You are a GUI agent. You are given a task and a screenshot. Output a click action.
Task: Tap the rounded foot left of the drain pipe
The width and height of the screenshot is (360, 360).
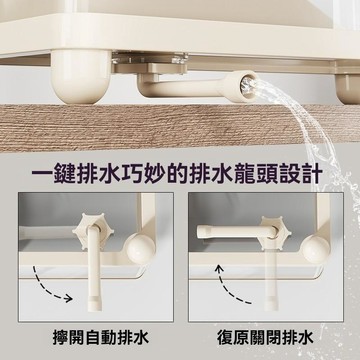[x=81, y=77]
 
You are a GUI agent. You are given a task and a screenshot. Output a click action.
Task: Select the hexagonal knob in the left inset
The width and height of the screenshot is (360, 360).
[x=94, y=229]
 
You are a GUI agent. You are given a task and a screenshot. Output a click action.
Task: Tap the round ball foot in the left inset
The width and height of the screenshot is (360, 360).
[x=141, y=248]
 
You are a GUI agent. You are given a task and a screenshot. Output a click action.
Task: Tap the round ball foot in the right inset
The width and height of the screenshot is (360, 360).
[x=315, y=248]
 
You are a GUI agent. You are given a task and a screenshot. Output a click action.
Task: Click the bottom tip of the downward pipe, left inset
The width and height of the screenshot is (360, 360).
[x=95, y=309]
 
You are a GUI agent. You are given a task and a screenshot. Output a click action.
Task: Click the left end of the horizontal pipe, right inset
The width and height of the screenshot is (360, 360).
[x=198, y=231]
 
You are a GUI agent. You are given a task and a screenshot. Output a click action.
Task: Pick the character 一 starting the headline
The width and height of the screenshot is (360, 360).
[x=42, y=175]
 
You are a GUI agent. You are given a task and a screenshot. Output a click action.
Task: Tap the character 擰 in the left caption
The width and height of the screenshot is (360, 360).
[x=61, y=338]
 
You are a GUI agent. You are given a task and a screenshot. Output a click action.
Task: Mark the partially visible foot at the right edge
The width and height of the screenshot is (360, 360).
[x=348, y=87]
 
